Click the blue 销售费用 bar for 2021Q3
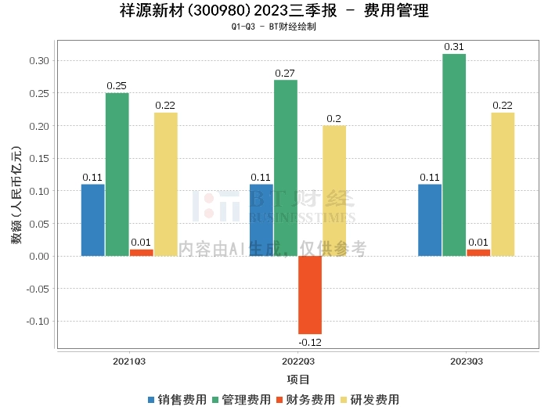[92, 220]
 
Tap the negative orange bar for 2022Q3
[310, 295]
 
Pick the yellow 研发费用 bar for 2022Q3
[334, 191]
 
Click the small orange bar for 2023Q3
[478, 253]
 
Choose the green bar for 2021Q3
[117, 174]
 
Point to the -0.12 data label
[310, 343]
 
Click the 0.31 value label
[454, 47]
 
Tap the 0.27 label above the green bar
[286, 73]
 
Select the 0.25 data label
[117, 86]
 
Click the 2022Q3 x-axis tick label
[297, 362]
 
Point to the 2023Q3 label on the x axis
[466, 362]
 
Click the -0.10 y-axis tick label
[36, 321]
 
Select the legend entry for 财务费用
[306, 399]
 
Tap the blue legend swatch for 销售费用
[151, 399]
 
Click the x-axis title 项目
[298, 379]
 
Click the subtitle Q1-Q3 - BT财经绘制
[273, 27]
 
